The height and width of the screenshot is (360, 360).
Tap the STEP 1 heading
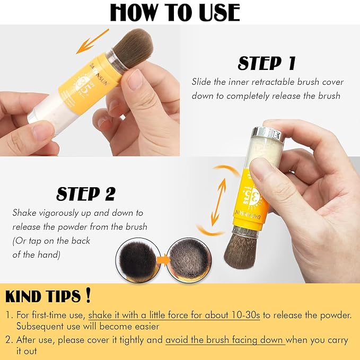266,64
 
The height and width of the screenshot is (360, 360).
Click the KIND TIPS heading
43,296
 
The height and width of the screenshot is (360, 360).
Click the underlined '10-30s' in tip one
247,315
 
